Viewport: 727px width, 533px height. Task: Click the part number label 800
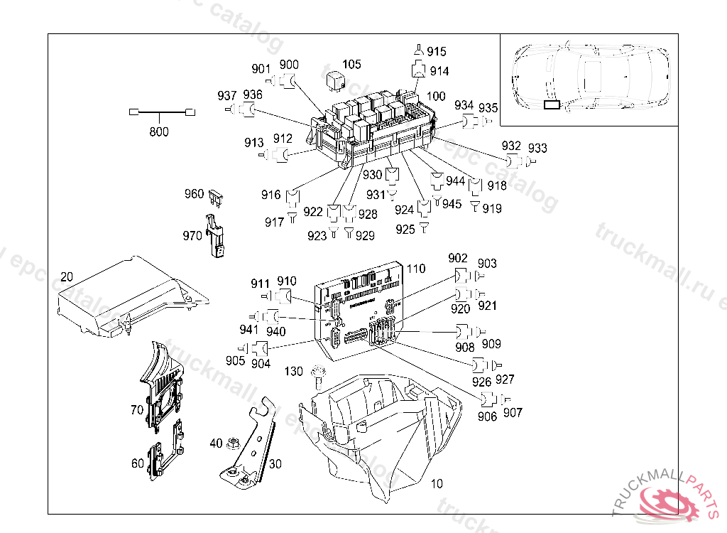[159, 131]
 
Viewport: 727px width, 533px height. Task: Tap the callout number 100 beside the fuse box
[436, 97]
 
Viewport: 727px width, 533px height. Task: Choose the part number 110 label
[416, 269]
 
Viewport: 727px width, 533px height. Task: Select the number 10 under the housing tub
[437, 484]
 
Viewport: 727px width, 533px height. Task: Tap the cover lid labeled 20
[128, 298]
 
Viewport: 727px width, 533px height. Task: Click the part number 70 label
[137, 410]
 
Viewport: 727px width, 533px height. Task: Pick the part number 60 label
[137, 463]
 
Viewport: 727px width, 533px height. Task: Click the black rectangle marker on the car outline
[552, 105]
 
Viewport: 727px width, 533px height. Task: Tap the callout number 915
[437, 52]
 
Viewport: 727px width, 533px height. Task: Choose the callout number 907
[513, 413]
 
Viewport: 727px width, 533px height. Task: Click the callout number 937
[227, 96]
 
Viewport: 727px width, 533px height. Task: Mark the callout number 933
[538, 148]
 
